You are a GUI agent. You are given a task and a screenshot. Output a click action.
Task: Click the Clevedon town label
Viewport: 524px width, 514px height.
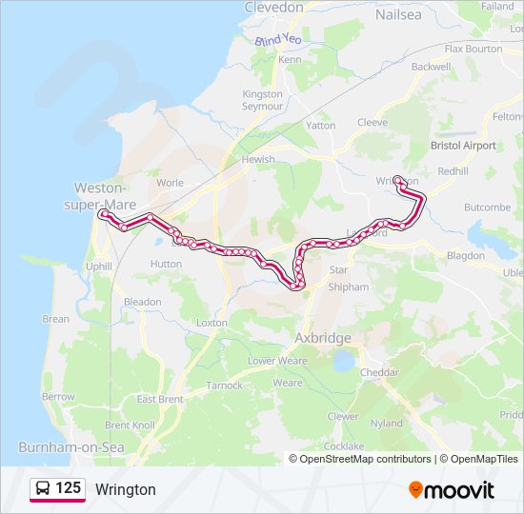273,8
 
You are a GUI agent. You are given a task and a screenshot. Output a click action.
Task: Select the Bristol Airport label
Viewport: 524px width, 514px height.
463,146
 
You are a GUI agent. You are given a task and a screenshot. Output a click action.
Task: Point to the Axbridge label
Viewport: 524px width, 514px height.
323,338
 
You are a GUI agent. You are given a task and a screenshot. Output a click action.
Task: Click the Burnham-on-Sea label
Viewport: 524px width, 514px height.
61,446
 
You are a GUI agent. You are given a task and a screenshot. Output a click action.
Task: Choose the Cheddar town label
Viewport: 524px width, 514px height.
380,372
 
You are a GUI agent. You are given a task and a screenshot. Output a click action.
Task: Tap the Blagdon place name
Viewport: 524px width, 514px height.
465,256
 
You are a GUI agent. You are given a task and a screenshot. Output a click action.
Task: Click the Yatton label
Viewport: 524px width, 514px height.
320,125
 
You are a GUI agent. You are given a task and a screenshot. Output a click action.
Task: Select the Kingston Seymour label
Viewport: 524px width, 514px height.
262,100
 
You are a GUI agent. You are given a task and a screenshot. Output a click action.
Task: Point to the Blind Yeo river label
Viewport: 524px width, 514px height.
277,40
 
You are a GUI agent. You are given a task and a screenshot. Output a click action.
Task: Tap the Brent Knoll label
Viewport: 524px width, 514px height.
131,425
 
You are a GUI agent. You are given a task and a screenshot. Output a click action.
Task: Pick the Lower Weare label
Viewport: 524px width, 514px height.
277,361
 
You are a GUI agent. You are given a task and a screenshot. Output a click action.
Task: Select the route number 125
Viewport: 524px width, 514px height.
68,489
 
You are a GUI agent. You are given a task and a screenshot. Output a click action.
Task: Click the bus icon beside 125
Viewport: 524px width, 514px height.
44,489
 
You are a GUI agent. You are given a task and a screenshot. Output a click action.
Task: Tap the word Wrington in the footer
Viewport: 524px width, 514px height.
125,490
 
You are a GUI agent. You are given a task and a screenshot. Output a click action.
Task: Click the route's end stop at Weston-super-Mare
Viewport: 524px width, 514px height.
103,214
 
